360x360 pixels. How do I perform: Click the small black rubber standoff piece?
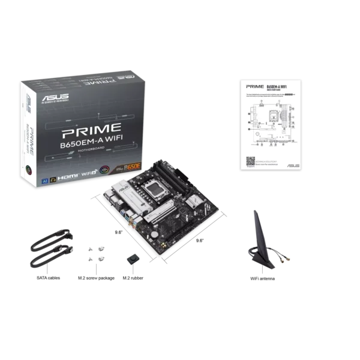(131, 257)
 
